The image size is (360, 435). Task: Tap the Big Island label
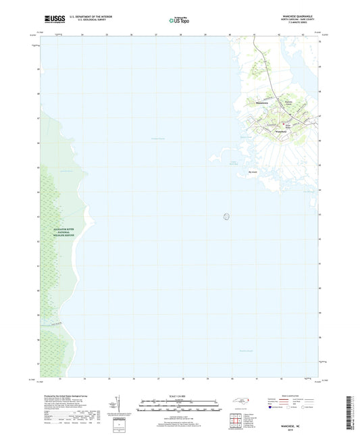[x=253, y=172]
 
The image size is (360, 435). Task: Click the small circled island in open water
[x=226, y=217]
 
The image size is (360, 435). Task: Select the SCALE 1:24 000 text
[x=180, y=396]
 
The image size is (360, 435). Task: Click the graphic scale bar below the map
[x=180, y=407]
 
